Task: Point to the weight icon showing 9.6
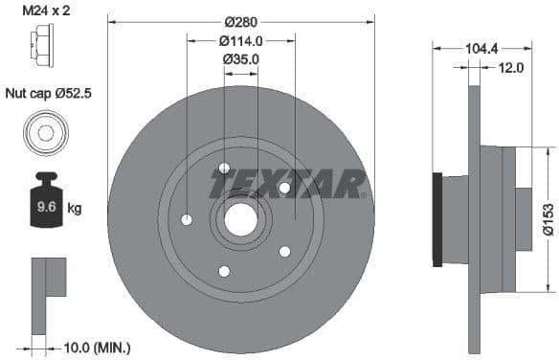pos(44,200)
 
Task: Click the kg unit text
pos(74,207)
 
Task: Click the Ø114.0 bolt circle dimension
pos(241,40)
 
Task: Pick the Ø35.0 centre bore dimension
pos(241,59)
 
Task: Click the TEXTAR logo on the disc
pos(287,182)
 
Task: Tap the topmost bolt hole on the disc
pos(224,169)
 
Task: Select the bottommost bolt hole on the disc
pos(224,271)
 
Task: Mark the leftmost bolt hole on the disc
pos(187,220)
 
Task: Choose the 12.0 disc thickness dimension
pos(511,67)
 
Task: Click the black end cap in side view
pos(438,219)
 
